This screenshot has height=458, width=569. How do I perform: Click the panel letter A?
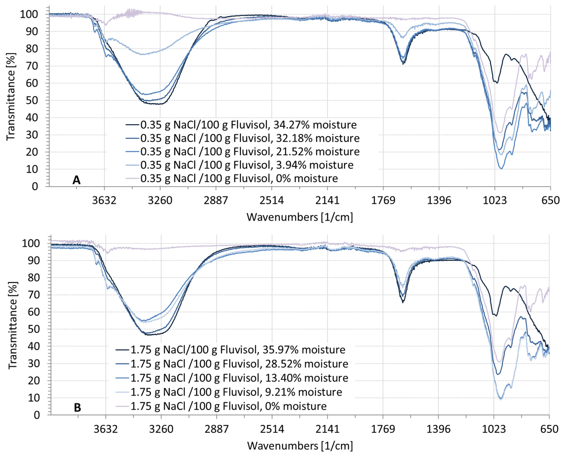tap(76, 180)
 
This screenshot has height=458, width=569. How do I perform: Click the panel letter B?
tap(77, 408)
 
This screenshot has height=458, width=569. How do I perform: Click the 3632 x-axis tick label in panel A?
tap(104, 201)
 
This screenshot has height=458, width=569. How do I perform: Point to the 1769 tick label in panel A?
tap(383, 201)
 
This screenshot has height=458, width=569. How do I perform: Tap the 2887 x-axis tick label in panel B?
tap(217, 429)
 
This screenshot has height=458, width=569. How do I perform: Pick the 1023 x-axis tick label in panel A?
tap(495, 201)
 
